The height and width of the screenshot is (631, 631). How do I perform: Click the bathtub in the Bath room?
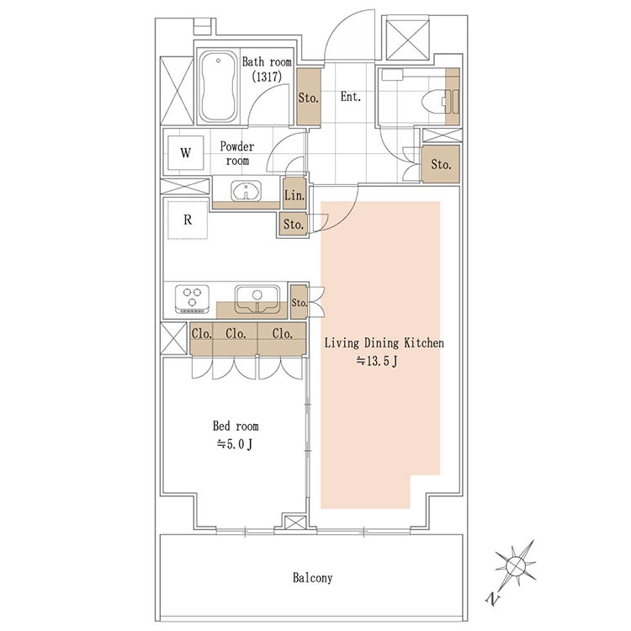(x=218, y=86)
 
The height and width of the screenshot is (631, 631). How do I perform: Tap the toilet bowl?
(x=433, y=101)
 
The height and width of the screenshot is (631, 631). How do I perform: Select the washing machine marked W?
(x=185, y=153)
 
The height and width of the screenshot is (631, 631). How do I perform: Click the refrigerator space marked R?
(x=188, y=220)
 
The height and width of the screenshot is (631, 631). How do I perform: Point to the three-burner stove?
(x=193, y=299)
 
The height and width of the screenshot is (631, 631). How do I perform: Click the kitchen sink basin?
(x=257, y=299)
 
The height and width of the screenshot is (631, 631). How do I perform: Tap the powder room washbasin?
(x=246, y=191)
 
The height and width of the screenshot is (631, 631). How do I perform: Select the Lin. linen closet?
(x=294, y=195)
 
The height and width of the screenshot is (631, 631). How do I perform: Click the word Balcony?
(x=313, y=578)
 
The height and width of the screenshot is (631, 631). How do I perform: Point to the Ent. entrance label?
(x=351, y=97)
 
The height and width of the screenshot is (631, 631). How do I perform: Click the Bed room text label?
(x=236, y=426)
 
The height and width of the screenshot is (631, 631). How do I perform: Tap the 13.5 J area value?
(x=377, y=362)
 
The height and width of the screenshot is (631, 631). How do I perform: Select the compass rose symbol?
(x=516, y=565)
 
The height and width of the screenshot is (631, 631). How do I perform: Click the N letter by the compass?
(x=492, y=600)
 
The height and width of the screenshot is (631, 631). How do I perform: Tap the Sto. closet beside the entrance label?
(x=309, y=98)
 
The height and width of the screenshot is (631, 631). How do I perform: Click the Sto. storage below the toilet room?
(x=441, y=164)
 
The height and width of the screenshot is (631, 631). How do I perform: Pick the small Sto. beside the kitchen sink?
(x=299, y=302)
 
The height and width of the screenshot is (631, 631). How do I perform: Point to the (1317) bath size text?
(x=267, y=77)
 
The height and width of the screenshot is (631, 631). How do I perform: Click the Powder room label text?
(x=237, y=153)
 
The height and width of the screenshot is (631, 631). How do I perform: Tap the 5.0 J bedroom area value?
(x=235, y=444)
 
